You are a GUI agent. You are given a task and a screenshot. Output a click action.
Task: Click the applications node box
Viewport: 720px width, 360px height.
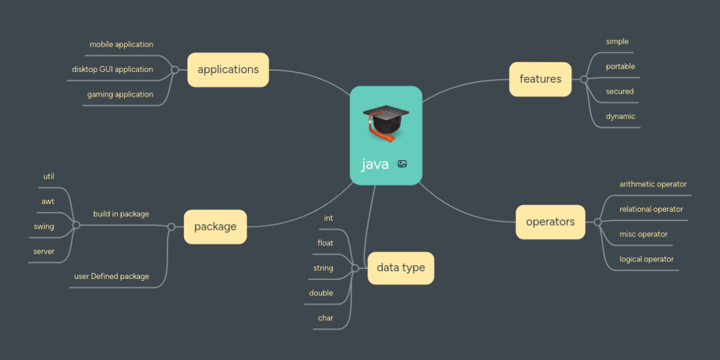tap(228, 70)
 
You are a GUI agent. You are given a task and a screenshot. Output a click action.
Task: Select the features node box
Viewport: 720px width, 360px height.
tap(540, 79)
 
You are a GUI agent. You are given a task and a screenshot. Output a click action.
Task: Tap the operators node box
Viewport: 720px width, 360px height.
tap(550, 222)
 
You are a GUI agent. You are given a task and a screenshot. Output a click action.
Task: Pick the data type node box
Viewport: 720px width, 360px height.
tap(401, 268)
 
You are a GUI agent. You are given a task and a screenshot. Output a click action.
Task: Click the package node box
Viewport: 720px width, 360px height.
tap(215, 227)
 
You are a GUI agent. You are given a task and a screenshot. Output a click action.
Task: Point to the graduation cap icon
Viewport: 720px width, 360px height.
tap(386, 122)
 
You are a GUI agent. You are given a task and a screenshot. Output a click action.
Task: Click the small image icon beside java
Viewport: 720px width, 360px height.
tap(402, 164)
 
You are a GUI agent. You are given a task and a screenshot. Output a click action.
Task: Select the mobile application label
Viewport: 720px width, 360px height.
tap(121, 44)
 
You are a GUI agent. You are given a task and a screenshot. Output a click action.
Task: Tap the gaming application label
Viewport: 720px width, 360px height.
tap(120, 94)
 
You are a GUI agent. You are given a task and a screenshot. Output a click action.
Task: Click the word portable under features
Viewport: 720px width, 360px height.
tap(620, 67)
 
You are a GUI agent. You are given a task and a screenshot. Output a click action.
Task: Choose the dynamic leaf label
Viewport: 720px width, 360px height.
tap(620, 116)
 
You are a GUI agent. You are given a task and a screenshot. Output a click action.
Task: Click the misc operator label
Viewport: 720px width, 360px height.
tap(643, 234)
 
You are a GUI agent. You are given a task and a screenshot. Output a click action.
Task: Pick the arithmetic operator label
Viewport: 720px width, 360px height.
tap(653, 184)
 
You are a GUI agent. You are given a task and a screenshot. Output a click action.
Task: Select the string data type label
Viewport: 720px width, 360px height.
tap(323, 268)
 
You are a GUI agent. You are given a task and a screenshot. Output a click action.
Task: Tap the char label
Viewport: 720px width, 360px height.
tap(325, 318)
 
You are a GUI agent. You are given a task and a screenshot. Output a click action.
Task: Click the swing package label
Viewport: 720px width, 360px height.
tap(44, 227)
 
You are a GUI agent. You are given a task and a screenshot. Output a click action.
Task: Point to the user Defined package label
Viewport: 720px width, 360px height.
tap(112, 277)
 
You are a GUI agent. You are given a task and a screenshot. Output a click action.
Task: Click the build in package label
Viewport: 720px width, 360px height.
tap(121, 214)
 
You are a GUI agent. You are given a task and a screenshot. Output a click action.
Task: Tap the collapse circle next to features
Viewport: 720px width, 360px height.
tap(584, 79)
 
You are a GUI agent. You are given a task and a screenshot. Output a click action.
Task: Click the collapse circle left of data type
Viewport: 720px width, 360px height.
tap(355, 268)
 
